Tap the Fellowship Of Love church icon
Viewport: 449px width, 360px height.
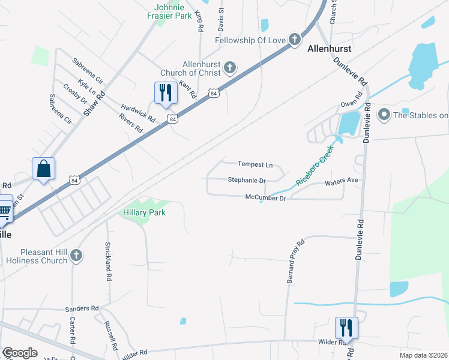tap(294, 40)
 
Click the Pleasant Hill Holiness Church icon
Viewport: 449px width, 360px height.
tap(76, 256)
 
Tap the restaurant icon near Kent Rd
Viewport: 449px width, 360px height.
tap(164, 92)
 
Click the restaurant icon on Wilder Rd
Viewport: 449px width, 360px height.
tap(346, 327)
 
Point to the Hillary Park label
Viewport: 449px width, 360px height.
tap(144, 212)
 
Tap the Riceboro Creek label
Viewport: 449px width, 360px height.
tap(315, 169)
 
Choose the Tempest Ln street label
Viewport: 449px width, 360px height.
tap(255, 164)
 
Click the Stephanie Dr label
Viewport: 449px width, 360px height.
tap(246, 180)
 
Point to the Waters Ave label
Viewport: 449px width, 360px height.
tap(341, 180)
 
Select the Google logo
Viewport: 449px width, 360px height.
tap(20, 353)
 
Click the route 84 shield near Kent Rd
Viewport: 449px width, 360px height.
tap(214, 93)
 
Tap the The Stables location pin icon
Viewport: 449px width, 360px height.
tap(382, 113)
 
